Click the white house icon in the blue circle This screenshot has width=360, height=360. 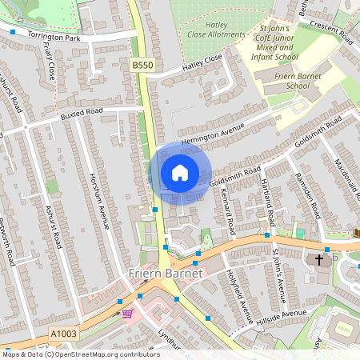[x=180, y=172]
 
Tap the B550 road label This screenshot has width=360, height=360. [x=142, y=63]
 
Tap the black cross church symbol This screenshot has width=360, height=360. [x=319, y=259]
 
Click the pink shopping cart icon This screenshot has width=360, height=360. [x=127, y=314]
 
